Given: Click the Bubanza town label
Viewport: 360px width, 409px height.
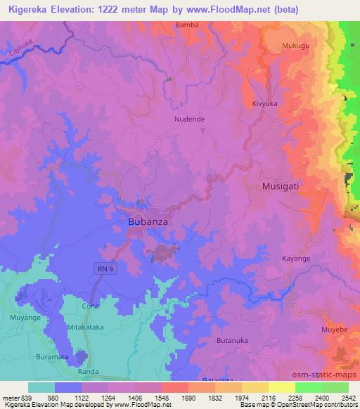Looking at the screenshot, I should pos(148,221).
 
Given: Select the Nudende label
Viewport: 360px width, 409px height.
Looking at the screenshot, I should pos(190,119).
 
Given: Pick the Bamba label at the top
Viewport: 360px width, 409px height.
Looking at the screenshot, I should pos(187,25).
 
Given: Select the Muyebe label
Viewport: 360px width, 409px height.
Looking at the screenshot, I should pos(334,328).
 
